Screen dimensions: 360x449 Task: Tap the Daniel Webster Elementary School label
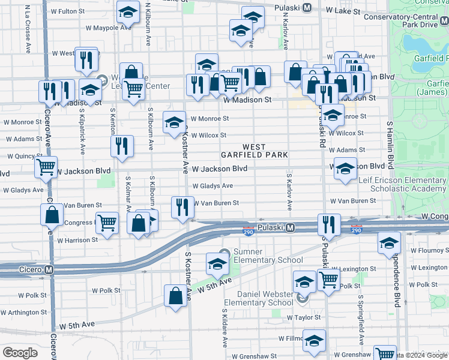[265, 298]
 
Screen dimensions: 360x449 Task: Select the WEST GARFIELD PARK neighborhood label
[265, 151]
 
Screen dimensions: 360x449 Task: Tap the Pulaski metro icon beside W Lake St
[307, 8]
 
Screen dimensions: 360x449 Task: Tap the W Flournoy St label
[429, 251]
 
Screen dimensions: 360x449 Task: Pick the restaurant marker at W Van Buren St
[182, 207]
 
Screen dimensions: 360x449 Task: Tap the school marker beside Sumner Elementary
[217, 262]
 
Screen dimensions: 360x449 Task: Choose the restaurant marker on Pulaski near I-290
[328, 224]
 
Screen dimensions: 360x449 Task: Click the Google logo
[20, 353]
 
